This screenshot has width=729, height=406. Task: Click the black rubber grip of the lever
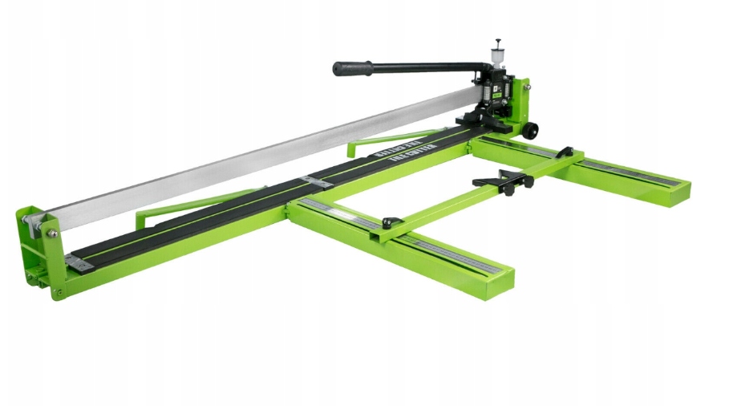[x=353, y=68]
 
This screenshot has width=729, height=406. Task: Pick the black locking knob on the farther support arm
[x=565, y=152]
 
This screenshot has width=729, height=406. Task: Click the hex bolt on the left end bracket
[x=51, y=233]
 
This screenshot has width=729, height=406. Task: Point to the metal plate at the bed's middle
[x=316, y=183]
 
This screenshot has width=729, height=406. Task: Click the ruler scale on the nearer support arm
[x=449, y=252]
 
